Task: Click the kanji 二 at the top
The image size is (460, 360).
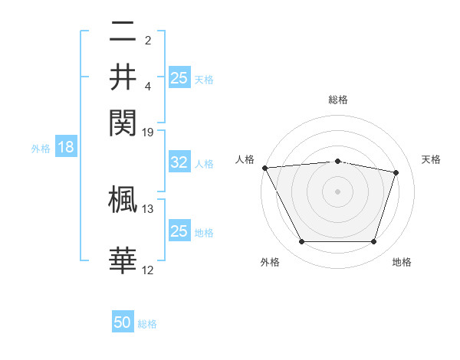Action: tap(123, 34)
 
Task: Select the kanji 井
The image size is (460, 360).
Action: tap(123, 77)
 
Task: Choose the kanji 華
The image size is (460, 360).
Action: tap(123, 260)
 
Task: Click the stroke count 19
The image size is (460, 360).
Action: tap(148, 133)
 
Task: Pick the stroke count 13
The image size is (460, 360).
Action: tap(148, 208)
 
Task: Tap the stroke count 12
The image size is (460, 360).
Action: tap(148, 270)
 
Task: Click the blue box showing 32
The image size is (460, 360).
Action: tap(179, 162)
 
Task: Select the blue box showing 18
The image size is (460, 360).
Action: tap(66, 148)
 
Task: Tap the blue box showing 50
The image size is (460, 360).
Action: tap(123, 323)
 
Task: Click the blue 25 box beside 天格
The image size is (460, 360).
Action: tap(179, 77)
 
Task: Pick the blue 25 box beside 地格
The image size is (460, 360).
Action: tap(179, 231)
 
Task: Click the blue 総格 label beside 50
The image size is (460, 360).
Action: tap(147, 324)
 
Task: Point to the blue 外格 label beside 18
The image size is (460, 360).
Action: tap(40, 149)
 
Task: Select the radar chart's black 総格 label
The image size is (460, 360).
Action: tap(337, 100)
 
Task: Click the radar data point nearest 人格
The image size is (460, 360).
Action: tap(264, 168)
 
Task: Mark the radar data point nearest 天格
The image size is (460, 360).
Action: tap(396, 172)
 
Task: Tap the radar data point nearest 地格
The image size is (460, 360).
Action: tap(373, 241)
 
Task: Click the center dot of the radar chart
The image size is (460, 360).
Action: tap(337, 191)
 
